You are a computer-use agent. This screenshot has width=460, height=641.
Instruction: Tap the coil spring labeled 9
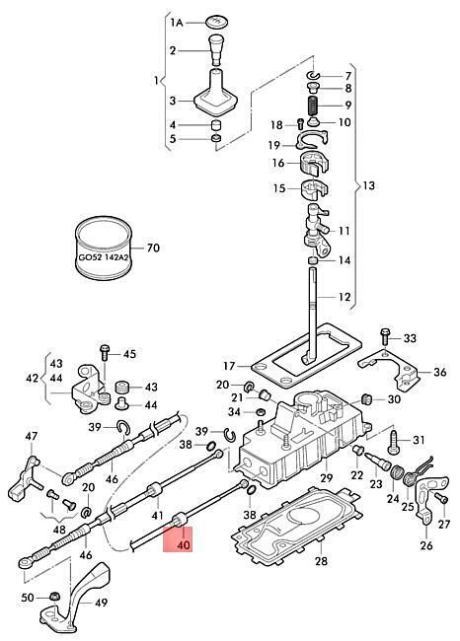pos(314,106)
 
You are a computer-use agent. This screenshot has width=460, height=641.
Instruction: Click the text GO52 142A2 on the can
pos(104,258)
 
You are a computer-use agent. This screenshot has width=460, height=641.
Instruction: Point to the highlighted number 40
pos(185,545)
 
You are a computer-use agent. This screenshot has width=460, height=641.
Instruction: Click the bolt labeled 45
pos(105,352)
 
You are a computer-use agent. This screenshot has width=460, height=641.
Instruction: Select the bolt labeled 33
pos(385,336)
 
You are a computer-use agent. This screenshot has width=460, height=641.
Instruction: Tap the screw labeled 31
pos(395,441)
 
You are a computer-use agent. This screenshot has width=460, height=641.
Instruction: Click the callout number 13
pos(368,185)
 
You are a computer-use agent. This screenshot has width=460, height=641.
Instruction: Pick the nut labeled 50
pos(52,597)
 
